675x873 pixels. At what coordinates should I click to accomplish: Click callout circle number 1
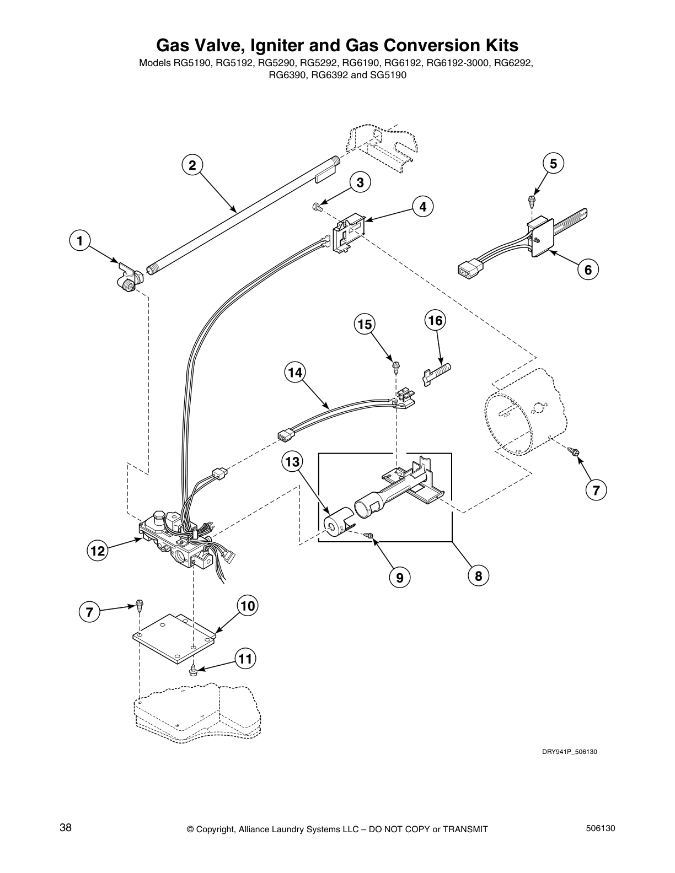[x=80, y=241]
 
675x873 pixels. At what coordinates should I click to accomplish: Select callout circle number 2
[x=192, y=165]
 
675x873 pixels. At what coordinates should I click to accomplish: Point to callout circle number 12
[x=97, y=551]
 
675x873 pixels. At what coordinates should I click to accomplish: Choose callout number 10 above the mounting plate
[x=248, y=606]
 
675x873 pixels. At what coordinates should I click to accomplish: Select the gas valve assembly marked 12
[x=176, y=543]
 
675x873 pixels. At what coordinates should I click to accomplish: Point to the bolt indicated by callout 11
[x=194, y=670]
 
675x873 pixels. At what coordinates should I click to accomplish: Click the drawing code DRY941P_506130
[x=569, y=752]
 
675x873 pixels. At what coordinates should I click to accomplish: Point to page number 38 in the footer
[x=66, y=828]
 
